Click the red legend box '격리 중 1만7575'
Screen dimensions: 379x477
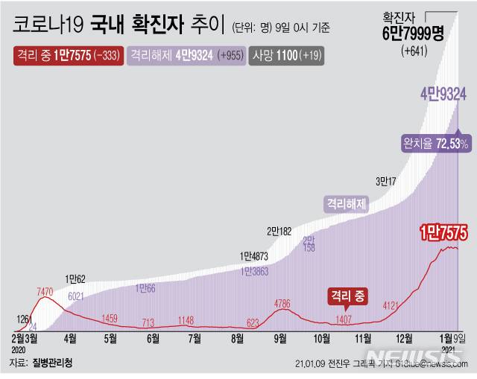pyautogui.click(x=68, y=55)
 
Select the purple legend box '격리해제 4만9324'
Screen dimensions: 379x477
pyautogui.click(x=186, y=55)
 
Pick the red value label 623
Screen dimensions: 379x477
pyautogui.click(x=252, y=323)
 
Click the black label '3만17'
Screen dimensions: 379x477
pyautogui.click(x=387, y=180)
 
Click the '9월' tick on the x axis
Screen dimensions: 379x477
pyautogui.click(x=281, y=338)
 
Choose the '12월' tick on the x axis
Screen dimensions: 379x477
pyautogui.click(x=405, y=338)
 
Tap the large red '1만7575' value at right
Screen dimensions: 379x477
pyautogui.click(x=443, y=232)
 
